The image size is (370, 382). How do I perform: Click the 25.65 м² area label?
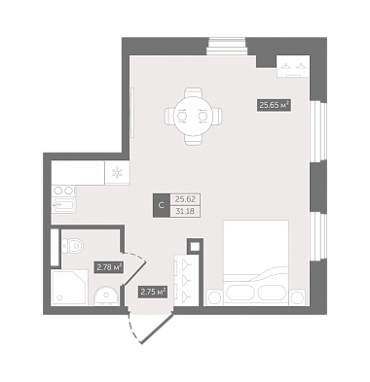(274, 105)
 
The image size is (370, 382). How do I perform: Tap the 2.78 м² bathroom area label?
(109, 267)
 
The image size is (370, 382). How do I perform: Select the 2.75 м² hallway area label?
(153, 292)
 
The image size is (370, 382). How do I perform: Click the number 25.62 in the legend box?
(184, 199)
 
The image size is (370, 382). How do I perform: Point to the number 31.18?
(184, 212)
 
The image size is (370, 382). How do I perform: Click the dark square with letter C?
(162, 205)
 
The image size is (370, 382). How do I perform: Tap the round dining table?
(194, 116)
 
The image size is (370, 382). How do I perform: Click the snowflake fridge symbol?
(116, 173)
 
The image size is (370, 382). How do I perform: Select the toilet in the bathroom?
(72, 246)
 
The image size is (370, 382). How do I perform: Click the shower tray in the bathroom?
(70, 287)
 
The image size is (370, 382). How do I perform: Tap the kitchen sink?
(64, 205)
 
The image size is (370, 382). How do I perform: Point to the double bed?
(256, 262)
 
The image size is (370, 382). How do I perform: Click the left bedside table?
(214, 297)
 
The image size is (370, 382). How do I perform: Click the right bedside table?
(298, 297)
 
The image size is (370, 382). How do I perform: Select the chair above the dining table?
(194, 94)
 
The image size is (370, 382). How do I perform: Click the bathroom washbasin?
(106, 296)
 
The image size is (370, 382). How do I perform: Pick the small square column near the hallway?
(195, 247)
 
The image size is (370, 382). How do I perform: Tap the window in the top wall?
(227, 47)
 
